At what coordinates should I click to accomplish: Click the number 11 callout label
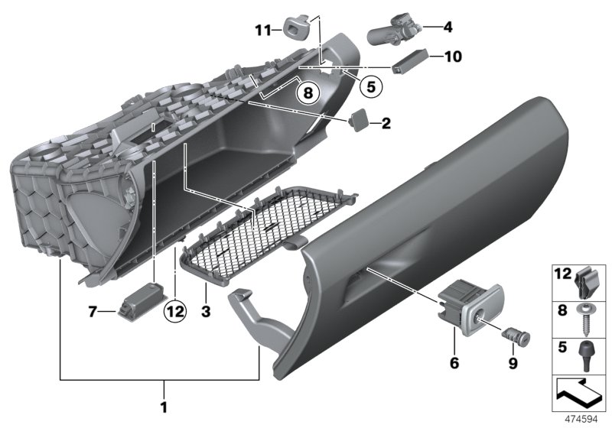click(263, 31)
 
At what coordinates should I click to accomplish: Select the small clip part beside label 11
click(295, 28)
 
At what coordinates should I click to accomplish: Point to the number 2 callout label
click(386, 122)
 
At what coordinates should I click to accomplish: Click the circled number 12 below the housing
click(174, 310)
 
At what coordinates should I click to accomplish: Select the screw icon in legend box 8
click(591, 319)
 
